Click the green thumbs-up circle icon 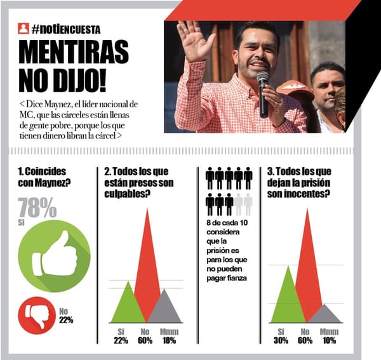click(x=54, y=255)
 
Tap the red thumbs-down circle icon click(x=37, y=314)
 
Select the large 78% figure click(x=37, y=208)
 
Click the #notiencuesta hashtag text click(x=66, y=29)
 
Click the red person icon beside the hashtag click(x=23, y=29)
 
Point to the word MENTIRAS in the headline click(x=73, y=52)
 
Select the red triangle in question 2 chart click(x=147, y=267)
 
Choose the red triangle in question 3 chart click(x=309, y=267)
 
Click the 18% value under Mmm click(x=170, y=340)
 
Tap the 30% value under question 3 click(x=281, y=340)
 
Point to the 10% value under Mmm click(x=329, y=340)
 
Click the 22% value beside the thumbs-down click(x=66, y=319)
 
